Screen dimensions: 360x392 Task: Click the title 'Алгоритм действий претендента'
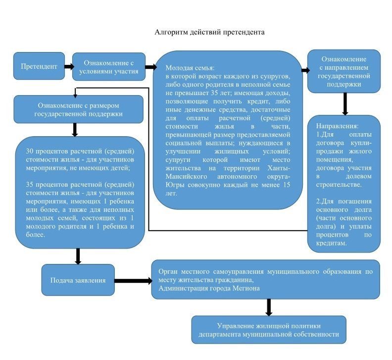click(x=210, y=32)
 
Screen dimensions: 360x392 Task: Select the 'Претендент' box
click(x=39, y=66)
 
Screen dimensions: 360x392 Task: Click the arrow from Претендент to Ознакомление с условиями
click(x=68, y=66)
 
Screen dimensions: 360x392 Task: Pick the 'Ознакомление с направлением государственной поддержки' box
click(x=344, y=72)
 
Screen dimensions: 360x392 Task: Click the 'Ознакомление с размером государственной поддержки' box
click(x=78, y=109)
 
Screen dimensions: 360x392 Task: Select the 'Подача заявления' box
click(x=78, y=280)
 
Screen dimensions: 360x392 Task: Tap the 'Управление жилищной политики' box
click(x=269, y=330)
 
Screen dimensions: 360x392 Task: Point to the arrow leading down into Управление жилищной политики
click(x=269, y=308)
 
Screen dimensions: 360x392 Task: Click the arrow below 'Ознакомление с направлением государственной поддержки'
click(x=345, y=104)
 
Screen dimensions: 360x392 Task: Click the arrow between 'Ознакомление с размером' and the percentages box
click(x=75, y=130)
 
